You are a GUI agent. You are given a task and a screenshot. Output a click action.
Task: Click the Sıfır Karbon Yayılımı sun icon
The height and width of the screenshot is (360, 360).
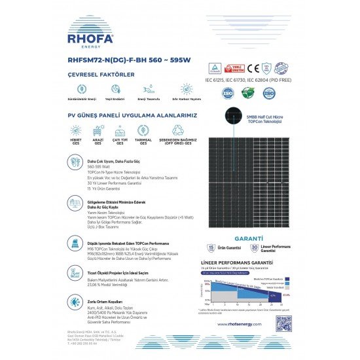(186, 88)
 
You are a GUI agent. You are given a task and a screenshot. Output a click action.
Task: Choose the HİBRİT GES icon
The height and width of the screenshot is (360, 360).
(76, 130)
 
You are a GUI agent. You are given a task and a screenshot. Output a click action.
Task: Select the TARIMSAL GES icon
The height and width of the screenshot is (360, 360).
(143, 130)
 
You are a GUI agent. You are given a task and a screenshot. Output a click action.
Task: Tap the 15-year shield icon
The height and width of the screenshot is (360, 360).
(211, 248)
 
